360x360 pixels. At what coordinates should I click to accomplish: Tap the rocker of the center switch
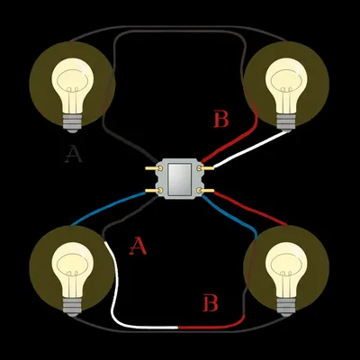pyautogui.click(x=181, y=178)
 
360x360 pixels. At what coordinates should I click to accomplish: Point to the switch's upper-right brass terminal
pyautogui.click(x=208, y=166)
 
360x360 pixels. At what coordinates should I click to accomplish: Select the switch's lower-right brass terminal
pyautogui.click(x=208, y=190)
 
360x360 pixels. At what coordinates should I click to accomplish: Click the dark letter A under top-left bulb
pyautogui.click(x=74, y=155)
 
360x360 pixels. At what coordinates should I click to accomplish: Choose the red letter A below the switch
pyautogui.click(x=138, y=246)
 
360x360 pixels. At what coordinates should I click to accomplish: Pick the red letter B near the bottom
pyautogui.click(x=210, y=303)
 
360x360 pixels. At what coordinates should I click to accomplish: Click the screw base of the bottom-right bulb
pyautogui.click(x=286, y=305)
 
